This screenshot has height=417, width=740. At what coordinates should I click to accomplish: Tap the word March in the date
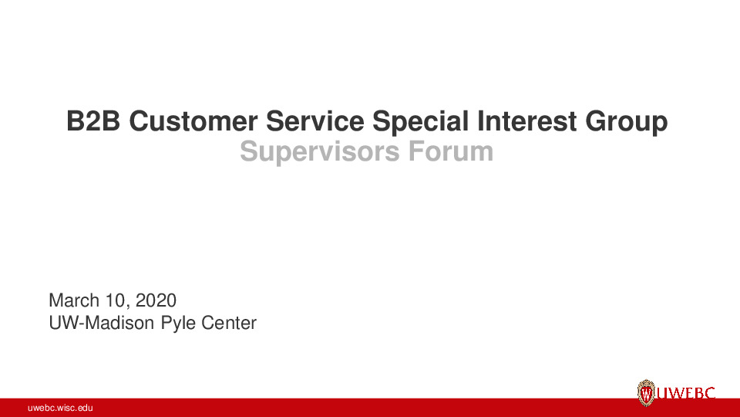[x=72, y=300]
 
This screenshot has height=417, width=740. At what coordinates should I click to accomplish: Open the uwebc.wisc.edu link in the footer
[x=60, y=408]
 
